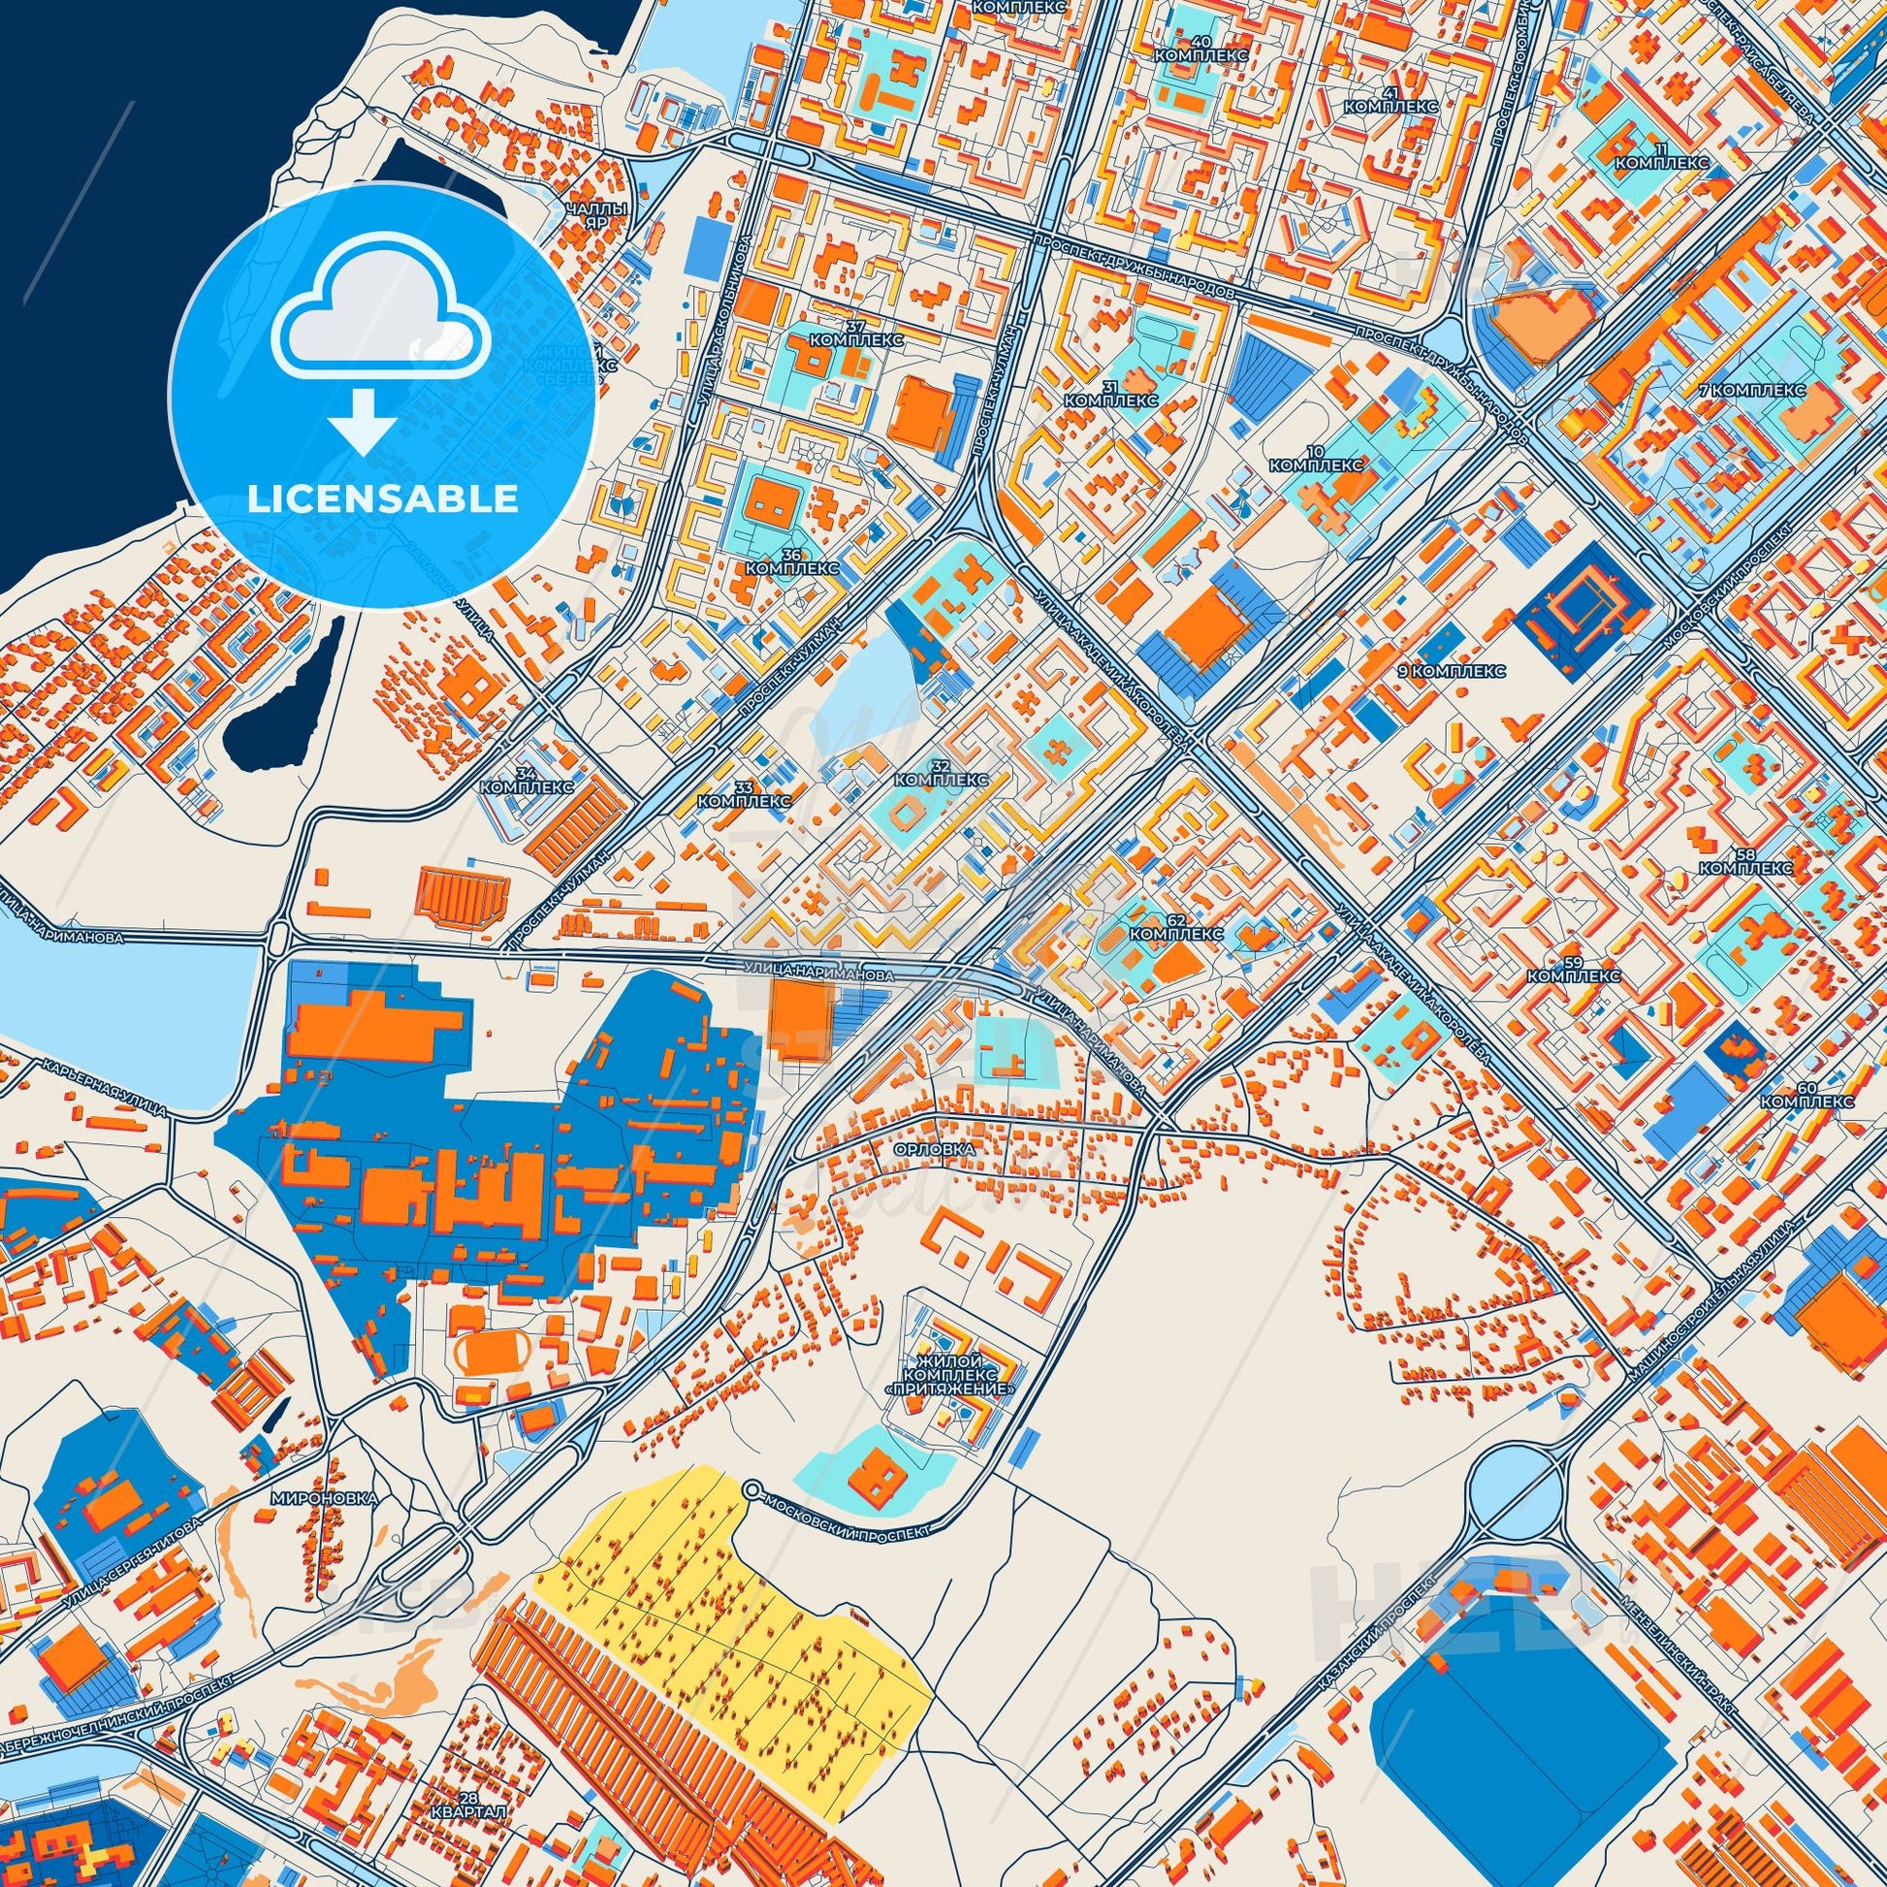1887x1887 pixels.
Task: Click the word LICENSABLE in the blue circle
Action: coord(383,499)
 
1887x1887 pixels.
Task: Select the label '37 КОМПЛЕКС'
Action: coord(856,332)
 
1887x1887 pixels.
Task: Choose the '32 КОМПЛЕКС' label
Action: coord(942,773)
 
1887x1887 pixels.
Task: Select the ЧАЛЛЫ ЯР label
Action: coord(596,216)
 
